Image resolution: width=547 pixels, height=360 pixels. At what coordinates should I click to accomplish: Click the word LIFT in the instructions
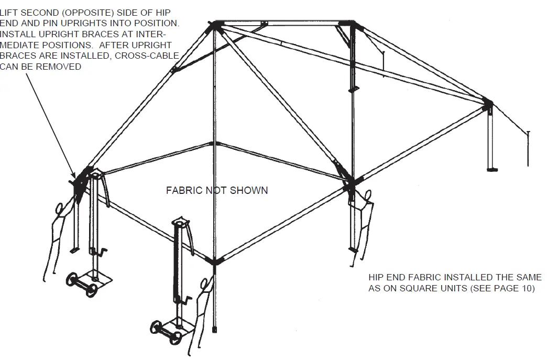pyautogui.click(x=10, y=12)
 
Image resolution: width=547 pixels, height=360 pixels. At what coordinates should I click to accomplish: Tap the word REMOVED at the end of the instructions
pyautogui.click(x=63, y=67)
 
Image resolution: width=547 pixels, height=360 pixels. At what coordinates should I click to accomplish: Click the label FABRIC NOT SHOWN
pyautogui.click(x=216, y=190)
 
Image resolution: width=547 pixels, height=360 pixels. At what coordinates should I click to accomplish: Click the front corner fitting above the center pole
pyautogui.click(x=215, y=260)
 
